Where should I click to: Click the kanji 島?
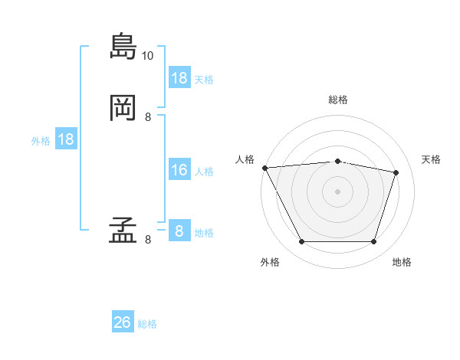123,46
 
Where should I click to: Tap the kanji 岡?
123,108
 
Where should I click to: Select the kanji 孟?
123,230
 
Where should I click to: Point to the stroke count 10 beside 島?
147,56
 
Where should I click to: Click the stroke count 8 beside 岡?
148,117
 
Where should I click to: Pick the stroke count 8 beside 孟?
148,240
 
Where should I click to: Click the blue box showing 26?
123,321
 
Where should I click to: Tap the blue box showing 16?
180,169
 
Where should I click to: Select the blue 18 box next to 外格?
66,139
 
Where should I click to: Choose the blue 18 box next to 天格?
180,77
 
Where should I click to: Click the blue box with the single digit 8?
180,230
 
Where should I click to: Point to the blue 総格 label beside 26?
147,324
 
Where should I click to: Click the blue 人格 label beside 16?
204,172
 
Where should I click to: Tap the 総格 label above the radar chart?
338,100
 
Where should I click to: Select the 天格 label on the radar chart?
431,159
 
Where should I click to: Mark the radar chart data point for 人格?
265,168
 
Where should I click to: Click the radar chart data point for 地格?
373,241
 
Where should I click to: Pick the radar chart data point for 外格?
302,241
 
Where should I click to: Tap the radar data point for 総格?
337,162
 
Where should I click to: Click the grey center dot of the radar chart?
337,191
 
